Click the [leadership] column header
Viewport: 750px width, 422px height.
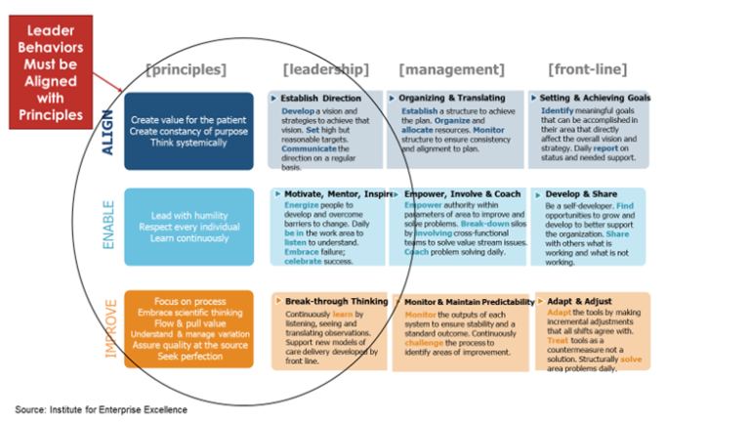(x=325, y=69)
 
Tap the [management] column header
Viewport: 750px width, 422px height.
(x=452, y=69)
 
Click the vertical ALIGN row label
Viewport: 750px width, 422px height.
(x=108, y=131)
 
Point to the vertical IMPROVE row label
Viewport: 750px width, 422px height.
(x=108, y=328)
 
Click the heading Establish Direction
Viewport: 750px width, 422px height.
(x=323, y=99)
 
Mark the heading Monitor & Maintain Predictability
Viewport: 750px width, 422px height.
(x=469, y=302)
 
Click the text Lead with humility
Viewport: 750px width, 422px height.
(x=188, y=215)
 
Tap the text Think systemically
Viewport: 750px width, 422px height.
(x=188, y=143)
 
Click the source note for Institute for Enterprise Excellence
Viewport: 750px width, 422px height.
(x=101, y=408)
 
